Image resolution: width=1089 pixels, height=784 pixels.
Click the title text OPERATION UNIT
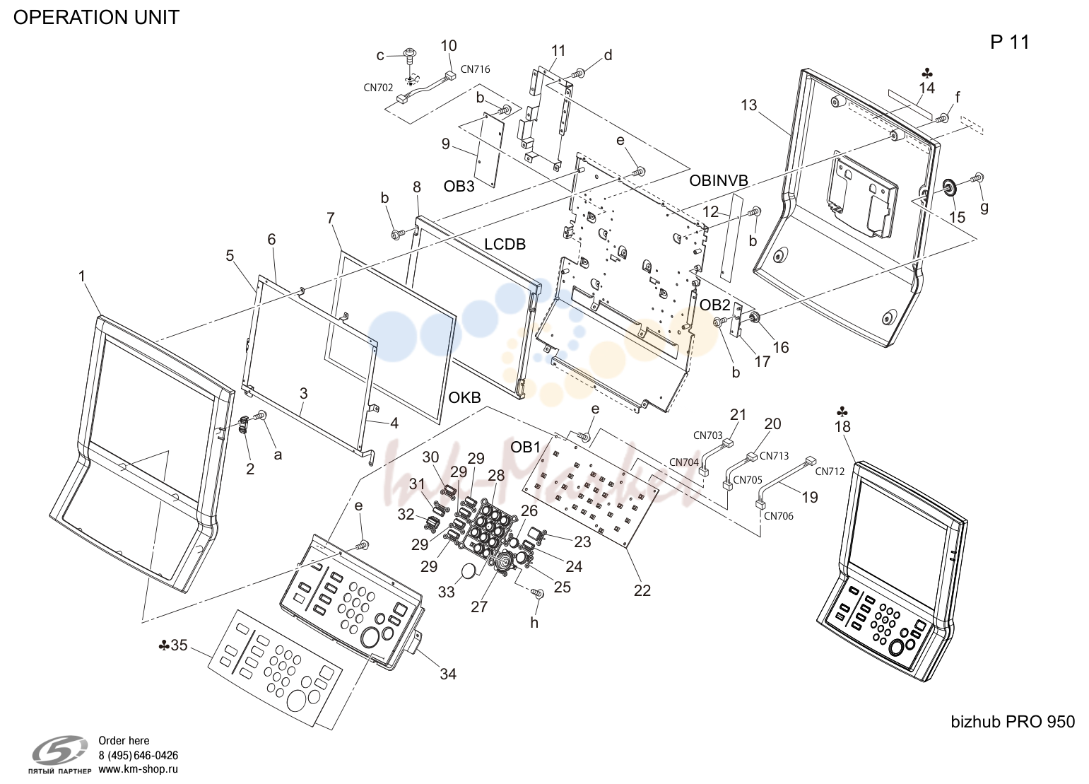pos(96,18)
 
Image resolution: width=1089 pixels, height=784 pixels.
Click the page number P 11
pos(1010,42)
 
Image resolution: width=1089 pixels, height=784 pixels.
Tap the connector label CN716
pos(475,69)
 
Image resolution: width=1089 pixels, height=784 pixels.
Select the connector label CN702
pos(378,88)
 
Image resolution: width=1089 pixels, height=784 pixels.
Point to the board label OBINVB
pos(719,180)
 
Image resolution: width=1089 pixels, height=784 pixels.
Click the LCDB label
pos(505,244)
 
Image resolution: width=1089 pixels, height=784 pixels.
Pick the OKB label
pos(464,397)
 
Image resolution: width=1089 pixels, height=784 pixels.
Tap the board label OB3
pos(459,186)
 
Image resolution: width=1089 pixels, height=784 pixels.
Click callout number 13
pos(749,105)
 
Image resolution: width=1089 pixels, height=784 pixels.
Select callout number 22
pos(642,590)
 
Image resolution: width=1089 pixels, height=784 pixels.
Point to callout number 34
pos(448,674)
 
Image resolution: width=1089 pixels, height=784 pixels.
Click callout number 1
pos(82,276)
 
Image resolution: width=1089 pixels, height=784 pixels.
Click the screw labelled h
pos(538,594)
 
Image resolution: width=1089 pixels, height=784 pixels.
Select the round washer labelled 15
pos(948,186)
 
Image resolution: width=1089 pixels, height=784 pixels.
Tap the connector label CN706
pos(778,516)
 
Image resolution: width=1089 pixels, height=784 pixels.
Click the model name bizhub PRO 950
pos(1013,722)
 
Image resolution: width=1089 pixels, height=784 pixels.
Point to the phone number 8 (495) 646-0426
pos(138,755)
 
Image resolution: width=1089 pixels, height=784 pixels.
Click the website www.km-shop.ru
pos(138,769)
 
